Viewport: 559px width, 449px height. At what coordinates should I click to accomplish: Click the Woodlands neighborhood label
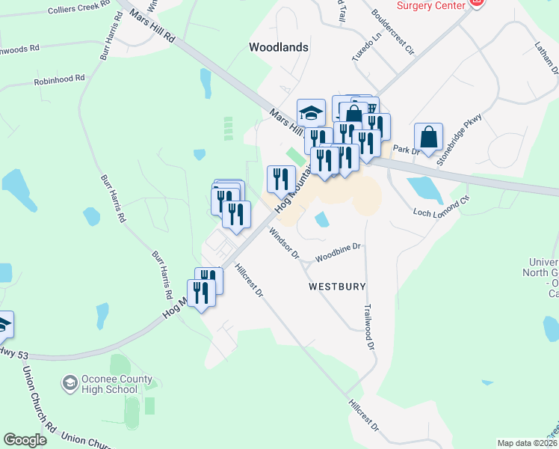(x=278, y=47)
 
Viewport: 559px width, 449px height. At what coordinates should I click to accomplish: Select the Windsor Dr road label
(x=285, y=244)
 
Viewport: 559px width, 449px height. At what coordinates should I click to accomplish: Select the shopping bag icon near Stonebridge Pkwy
(x=428, y=137)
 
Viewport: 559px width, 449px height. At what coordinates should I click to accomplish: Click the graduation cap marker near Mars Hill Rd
(x=311, y=113)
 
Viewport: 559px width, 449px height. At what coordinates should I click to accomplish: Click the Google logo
(x=25, y=440)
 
